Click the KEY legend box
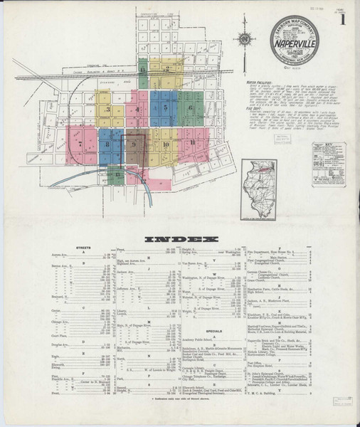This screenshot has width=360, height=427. (328, 163)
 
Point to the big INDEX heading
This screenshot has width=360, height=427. (180, 240)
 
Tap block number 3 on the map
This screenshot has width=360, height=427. (107, 110)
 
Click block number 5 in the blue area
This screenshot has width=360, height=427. (166, 107)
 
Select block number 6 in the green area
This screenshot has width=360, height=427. (190, 107)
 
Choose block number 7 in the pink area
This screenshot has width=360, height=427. (80, 144)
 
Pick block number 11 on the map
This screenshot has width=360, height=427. (194, 143)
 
